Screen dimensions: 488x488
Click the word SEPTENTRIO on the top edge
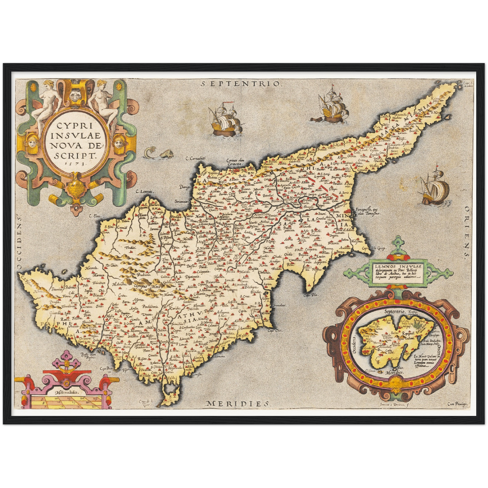pyautogui.click(x=240, y=84)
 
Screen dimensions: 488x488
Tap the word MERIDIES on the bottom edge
pyautogui.click(x=238, y=403)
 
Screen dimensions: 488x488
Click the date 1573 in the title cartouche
pyautogui.click(x=76, y=162)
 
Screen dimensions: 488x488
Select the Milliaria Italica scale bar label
pyautogui.click(x=67, y=393)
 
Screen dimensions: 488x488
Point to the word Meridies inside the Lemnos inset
pyautogui.click(x=394, y=372)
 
